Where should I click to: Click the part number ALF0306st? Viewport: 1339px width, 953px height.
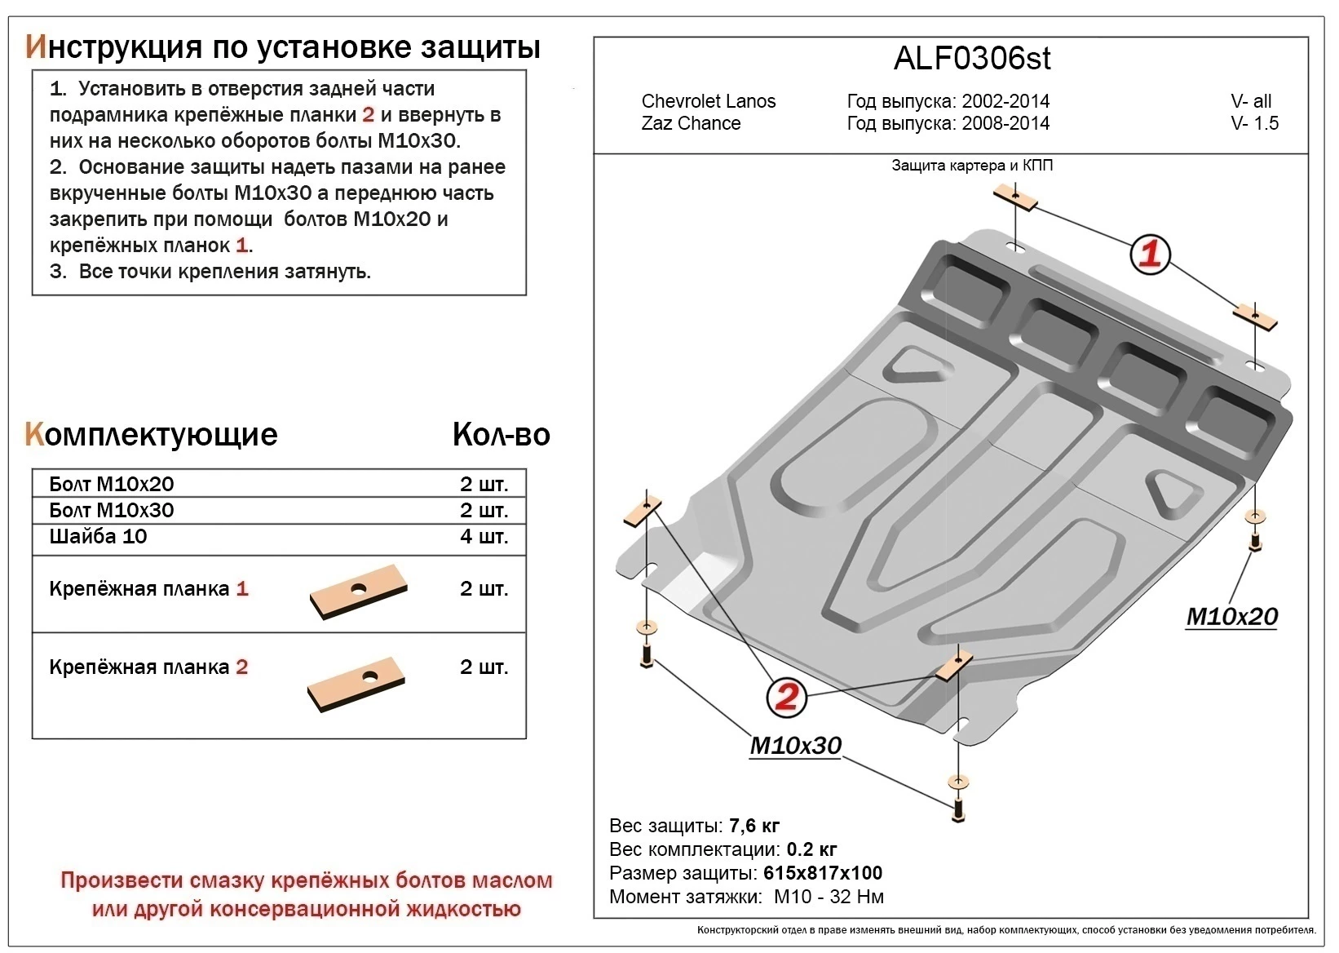tap(972, 59)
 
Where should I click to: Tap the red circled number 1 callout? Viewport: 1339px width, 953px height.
tap(1150, 255)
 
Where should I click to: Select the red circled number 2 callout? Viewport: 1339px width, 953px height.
tap(786, 697)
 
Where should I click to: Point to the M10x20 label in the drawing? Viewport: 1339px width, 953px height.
tap(1231, 617)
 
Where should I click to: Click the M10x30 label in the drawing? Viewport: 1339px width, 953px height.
tap(795, 746)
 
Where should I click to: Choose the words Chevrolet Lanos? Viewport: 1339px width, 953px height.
tap(708, 102)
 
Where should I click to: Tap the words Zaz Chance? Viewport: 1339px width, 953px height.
tap(691, 124)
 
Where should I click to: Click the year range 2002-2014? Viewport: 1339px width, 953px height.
tap(1005, 102)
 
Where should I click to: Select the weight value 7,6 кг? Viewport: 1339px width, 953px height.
tap(754, 827)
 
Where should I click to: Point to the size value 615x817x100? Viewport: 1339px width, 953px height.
tap(823, 874)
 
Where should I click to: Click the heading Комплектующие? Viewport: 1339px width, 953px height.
tap(152, 435)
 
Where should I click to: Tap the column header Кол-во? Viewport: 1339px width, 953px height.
tap(501, 435)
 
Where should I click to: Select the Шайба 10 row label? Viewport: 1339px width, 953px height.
tap(98, 537)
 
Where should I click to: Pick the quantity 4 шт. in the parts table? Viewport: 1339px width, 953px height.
tap(484, 537)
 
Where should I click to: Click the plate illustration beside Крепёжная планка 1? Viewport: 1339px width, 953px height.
tap(358, 592)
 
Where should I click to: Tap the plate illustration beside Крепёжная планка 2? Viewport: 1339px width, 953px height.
tap(357, 682)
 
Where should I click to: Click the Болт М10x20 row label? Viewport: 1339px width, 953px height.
tap(112, 485)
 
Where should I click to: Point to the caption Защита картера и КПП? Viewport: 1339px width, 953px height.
tap(972, 166)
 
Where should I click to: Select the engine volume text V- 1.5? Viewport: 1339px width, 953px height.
tap(1254, 124)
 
